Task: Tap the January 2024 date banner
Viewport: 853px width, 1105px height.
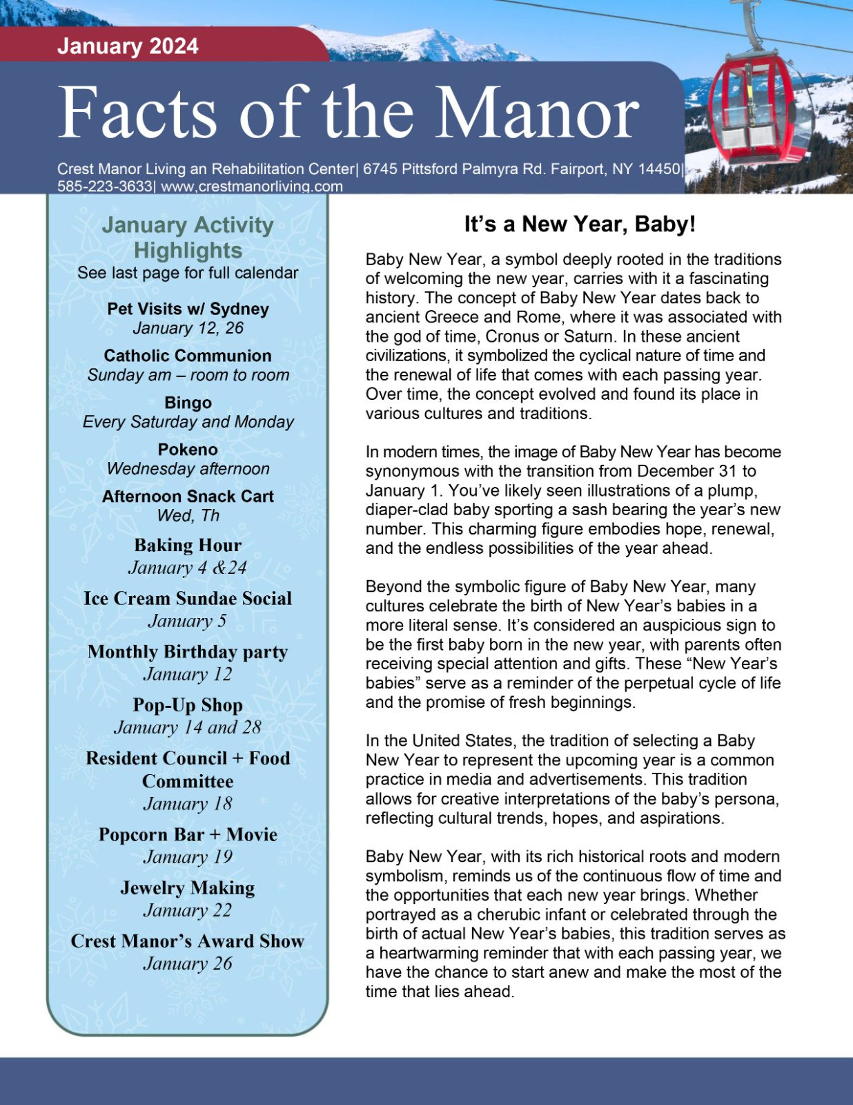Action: [x=128, y=46]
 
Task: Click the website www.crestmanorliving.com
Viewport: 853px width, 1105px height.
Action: [x=252, y=186]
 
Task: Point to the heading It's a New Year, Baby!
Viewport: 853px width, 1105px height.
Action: [x=580, y=224]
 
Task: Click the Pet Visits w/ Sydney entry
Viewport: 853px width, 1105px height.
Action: [x=188, y=309]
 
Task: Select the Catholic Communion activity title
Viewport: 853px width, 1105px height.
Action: [x=188, y=356]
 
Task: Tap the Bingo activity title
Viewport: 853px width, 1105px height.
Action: [x=188, y=403]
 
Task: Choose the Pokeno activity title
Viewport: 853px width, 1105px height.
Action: [x=188, y=450]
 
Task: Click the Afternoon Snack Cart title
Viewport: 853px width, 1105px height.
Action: [x=188, y=497]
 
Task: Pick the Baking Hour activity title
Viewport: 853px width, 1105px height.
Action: [x=188, y=545]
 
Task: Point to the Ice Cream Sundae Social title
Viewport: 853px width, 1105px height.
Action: [x=188, y=598]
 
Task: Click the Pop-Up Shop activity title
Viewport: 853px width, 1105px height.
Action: [x=188, y=705]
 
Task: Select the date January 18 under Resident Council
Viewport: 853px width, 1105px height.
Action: [x=188, y=804]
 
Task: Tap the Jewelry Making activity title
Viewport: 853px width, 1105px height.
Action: [x=188, y=887]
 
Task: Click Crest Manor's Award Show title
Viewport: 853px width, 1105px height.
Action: [x=188, y=941]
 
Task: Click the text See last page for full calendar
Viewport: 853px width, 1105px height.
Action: [x=188, y=273]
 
